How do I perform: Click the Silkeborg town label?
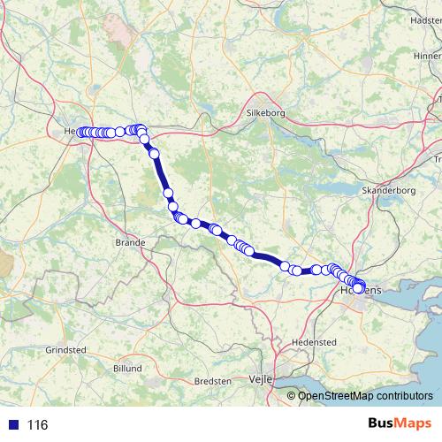click(267, 113)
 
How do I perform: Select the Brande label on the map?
click(130, 242)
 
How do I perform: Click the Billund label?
click(127, 367)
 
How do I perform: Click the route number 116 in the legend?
click(37, 425)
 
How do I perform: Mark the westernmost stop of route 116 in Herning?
click(81, 133)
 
